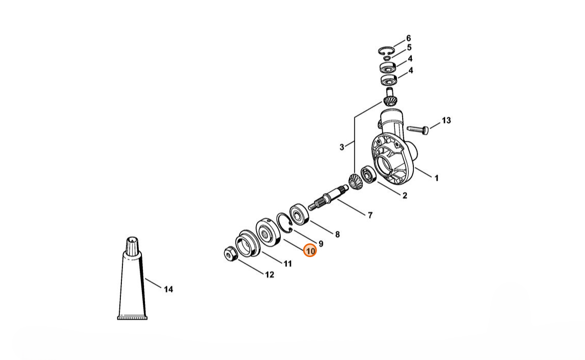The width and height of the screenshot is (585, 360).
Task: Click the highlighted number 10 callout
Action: click(310, 251)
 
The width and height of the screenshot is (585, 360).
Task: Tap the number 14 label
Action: click(168, 289)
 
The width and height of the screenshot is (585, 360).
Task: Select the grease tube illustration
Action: click(133, 278)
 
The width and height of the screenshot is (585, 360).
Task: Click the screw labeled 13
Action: click(417, 129)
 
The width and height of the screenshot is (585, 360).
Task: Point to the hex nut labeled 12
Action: click(229, 254)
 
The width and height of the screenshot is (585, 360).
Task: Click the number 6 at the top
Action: click(409, 38)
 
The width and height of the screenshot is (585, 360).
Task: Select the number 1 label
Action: click(436, 178)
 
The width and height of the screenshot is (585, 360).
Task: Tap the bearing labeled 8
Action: click(299, 214)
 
